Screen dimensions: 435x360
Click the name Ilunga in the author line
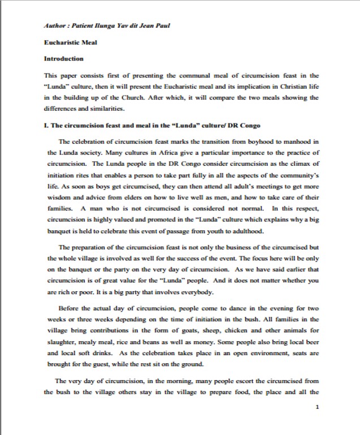[x=94, y=26]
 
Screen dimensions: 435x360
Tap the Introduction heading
[x=63, y=58]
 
